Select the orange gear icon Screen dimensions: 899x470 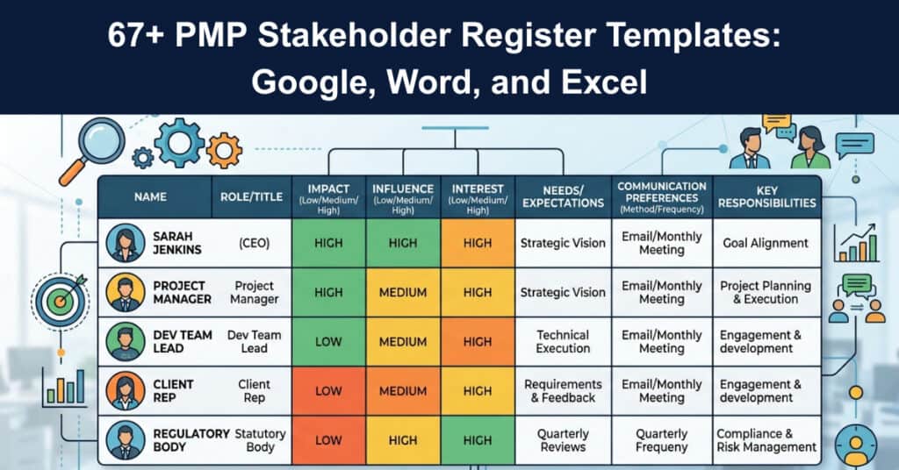tap(224, 151)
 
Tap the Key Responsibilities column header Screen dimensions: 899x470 tap(766, 197)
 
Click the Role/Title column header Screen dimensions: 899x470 tap(252, 197)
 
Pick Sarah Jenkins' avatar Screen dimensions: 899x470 tap(126, 243)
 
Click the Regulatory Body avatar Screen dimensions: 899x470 tap(126, 440)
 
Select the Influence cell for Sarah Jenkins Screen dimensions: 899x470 tap(403, 243)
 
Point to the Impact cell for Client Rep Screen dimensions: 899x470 tap(328, 391)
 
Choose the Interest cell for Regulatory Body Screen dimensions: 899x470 tap(478, 440)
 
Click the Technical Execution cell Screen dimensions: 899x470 tap(563, 342)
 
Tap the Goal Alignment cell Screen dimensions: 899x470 tap(766, 243)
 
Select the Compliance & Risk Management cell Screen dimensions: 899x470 tap(766, 440)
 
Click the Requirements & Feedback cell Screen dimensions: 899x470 tap(563, 391)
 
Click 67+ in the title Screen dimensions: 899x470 tap(136, 35)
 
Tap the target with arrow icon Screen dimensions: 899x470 tap(61, 301)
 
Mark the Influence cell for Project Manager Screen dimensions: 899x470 tap(403, 293)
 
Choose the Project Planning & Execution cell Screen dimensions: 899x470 tap(766, 293)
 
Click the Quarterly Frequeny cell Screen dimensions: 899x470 tap(662, 440)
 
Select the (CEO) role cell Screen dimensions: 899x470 tap(254, 243)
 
